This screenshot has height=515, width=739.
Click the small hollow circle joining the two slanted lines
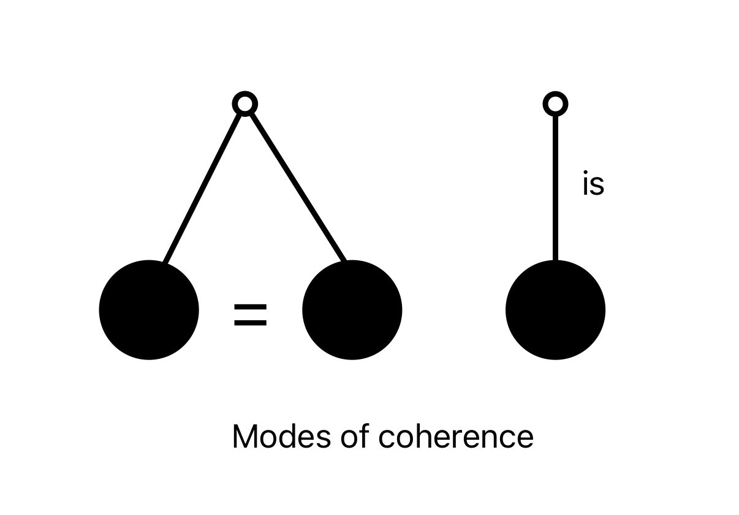point(245,104)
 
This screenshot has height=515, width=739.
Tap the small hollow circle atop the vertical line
point(555,104)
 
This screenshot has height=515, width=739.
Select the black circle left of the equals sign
point(149,310)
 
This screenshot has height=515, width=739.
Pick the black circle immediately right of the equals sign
point(352,310)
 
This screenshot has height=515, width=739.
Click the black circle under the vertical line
point(555,310)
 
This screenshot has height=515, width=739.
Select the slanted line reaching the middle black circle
point(297,184)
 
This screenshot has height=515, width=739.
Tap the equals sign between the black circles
point(251,315)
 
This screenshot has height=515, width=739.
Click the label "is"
point(593,185)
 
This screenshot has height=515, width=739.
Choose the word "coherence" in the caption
point(455,437)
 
